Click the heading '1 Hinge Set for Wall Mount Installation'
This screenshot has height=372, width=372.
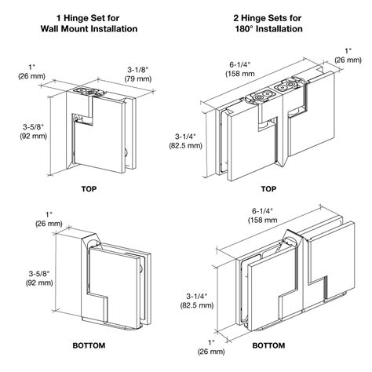click(89, 24)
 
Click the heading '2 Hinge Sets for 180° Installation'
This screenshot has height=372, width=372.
click(268, 24)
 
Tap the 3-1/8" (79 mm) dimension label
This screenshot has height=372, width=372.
click(138, 74)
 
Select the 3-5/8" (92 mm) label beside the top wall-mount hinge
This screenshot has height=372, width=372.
click(34, 132)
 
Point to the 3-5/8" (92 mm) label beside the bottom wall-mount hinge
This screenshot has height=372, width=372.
click(39, 278)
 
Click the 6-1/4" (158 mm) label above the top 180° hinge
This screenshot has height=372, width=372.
click(240, 69)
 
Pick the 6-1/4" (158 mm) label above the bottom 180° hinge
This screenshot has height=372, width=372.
click(262, 215)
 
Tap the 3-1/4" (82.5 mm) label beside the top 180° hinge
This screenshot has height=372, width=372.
click(186, 141)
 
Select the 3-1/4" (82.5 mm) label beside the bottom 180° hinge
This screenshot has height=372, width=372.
click(197, 301)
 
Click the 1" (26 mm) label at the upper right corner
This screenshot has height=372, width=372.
click(348, 56)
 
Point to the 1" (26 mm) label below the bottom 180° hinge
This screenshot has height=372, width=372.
click(211, 347)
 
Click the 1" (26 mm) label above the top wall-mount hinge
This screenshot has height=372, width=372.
click(31, 71)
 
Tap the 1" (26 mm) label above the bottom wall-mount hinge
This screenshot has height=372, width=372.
click(49, 219)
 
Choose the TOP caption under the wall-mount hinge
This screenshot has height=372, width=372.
click(89, 189)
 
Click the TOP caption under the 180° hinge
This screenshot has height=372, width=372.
click(268, 189)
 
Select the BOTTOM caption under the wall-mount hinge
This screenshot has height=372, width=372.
click(89, 345)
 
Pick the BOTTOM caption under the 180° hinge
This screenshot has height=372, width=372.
click(268, 345)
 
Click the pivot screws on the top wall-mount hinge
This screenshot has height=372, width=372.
click(87, 92)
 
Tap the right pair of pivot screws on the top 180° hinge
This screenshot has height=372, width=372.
click(286, 86)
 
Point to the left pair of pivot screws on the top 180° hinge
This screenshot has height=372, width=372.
click(263, 96)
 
